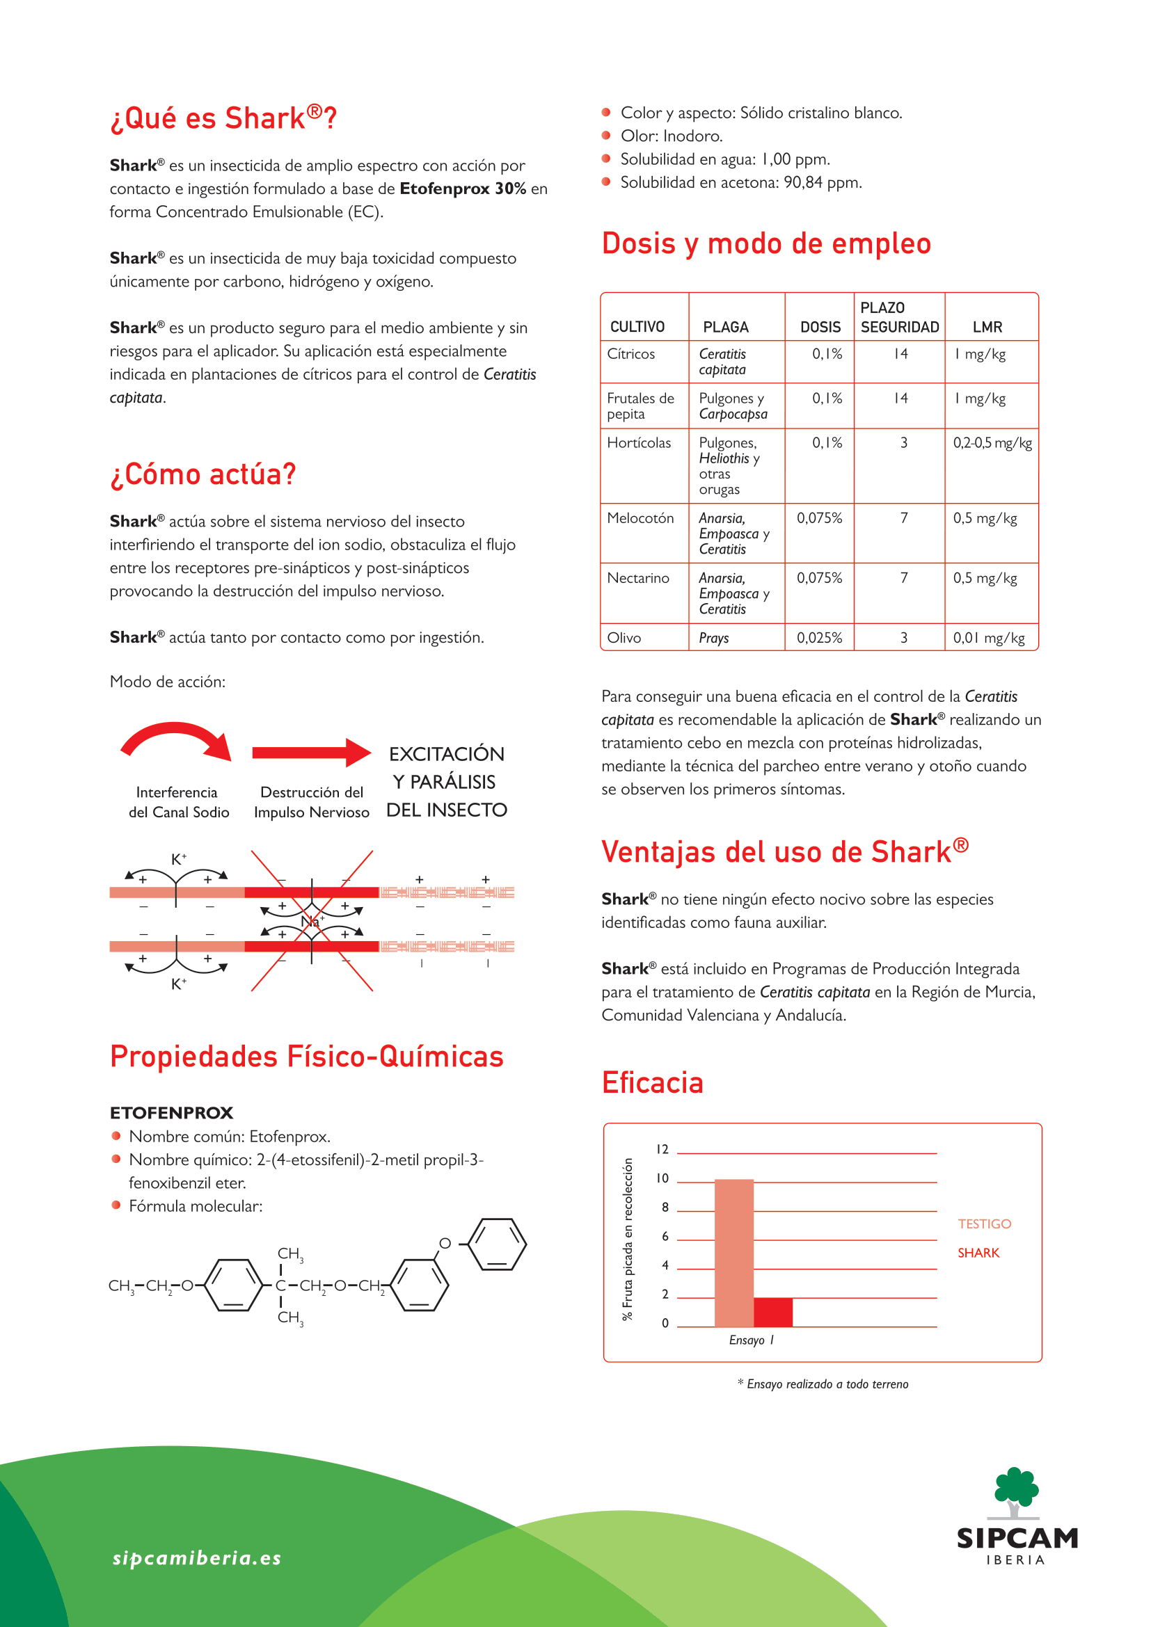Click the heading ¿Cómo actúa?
[x=203, y=474]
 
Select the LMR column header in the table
[x=987, y=327]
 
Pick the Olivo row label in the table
[x=624, y=638]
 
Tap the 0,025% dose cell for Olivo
[x=819, y=638]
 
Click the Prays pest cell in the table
[x=714, y=638]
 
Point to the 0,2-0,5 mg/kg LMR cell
[x=992, y=443]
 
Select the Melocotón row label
[x=640, y=518]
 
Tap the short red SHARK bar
[x=772, y=1312]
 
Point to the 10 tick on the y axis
[x=662, y=1178]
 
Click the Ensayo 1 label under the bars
[x=752, y=1340]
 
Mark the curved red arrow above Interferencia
[x=176, y=741]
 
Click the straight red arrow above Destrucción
[x=311, y=753]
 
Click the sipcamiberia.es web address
[x=197, y=1558]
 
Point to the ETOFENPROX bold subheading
[x=171, y=1112]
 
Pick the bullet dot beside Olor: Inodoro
[x=606, y=136]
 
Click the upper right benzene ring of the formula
[x=498, y=1244]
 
